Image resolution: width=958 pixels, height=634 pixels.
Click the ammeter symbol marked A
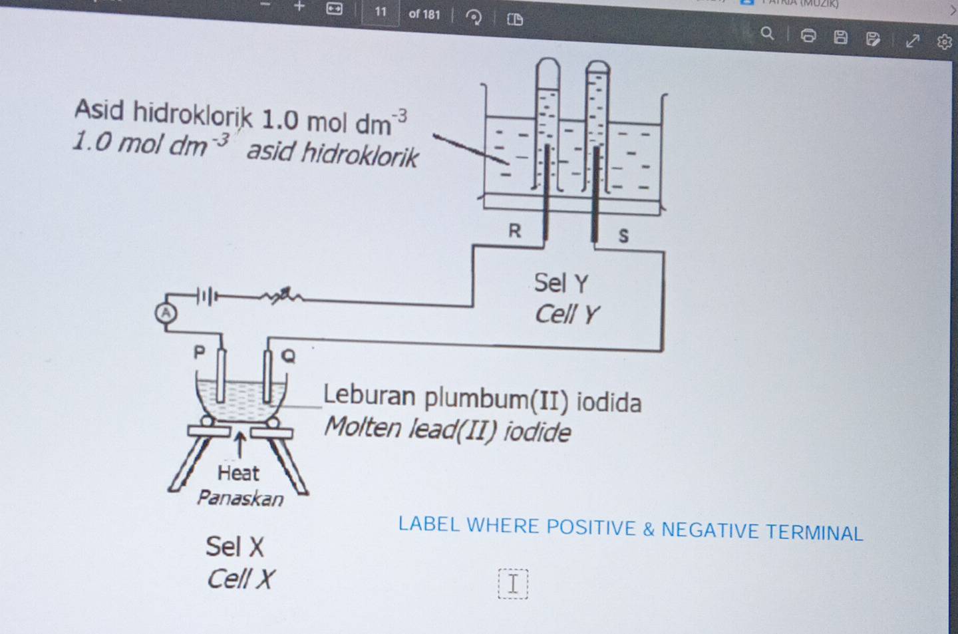(x=166, y=313)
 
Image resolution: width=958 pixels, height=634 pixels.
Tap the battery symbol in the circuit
(x=206, y=296)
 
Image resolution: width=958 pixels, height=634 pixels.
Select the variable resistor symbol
(x=283, y=295)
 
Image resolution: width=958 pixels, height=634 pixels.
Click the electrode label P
(x=199, y=352)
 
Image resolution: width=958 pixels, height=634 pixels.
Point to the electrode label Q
(x=288, y=356)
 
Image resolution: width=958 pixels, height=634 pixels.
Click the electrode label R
(x=514, y=231)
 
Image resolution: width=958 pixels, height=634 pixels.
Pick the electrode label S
(x=623, y=236)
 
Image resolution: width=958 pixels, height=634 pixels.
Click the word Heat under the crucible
(x=238, y=473)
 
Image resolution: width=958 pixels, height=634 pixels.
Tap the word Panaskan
(x=240, y=498)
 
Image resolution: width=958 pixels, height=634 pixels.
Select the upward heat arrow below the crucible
(x=240, y=443)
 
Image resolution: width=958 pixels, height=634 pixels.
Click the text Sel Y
(x=561, y=283)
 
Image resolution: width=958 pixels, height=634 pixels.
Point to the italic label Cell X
(x=239, y=579)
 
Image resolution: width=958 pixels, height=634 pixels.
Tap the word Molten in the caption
(x=363, y=426)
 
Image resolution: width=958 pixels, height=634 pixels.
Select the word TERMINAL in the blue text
(x=814, y=532)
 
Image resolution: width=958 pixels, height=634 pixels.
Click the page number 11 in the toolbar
(x=381, y=11)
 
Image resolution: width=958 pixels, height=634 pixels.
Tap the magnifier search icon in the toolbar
(x=767, y=33)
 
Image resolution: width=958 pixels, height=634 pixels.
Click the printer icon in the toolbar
(x=808, y=35)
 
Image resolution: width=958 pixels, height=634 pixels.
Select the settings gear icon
(x=944, y=42)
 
